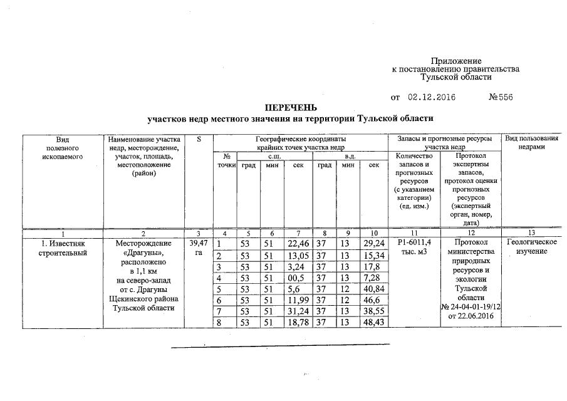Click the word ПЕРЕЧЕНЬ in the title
point(289,108)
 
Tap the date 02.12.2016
point(431,97)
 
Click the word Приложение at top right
point(455,60)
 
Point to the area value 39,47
point(198,242)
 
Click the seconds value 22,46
point(298,243)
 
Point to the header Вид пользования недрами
point(531,142)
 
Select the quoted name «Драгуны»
point(143,252)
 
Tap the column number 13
point(531,232)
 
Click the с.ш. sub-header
point(274,155)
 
